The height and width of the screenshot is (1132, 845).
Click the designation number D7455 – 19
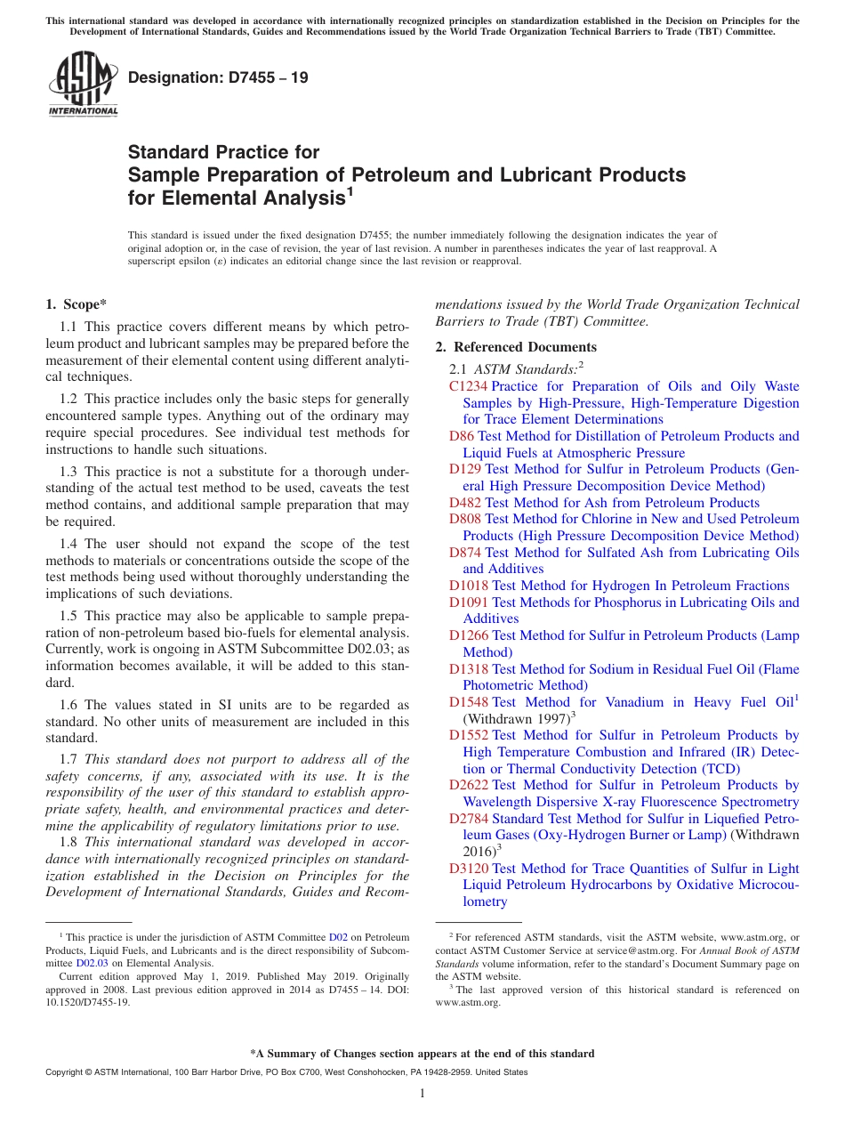(x=218, y=77)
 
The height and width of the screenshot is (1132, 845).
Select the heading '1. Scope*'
(x=76, y=304)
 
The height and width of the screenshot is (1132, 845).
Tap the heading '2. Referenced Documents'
(x=516, y=347)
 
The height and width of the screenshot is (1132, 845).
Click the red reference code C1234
(x=468, y=386)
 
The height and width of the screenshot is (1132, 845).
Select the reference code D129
(x=465, y=469)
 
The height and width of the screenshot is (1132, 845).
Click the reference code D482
(x=465, y=503)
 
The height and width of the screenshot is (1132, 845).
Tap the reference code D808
(x=465, y=519)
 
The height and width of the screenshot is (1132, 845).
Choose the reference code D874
(x=465, y=553)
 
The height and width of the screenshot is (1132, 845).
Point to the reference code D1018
(x=469, y=586)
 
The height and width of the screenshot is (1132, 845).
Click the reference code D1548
(x=469, y=702)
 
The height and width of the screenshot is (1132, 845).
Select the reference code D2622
(x=469, y=785)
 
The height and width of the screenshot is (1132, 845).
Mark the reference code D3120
(x=469, y=869)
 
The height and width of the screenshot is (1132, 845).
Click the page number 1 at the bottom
(x=422, y=1093)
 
